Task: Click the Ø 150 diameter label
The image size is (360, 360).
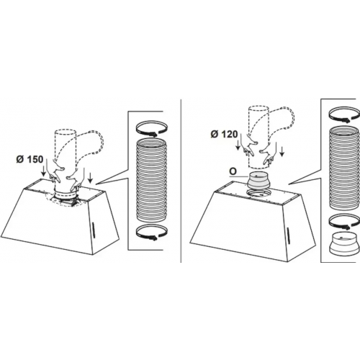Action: pyautogui.click(x=30, y=159)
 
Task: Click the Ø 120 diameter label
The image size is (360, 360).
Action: pyautogui.click(x=224, y=135)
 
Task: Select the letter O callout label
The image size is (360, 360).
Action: pyautogui.click(x=233, y=171)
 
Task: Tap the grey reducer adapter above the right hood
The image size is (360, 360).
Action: pyautogui.click(x=258, y=181)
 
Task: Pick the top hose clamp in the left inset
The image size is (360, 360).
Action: pyautogui.click(x=151, y=128)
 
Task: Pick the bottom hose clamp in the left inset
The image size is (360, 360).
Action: pyautogui.click(x=151, y=233)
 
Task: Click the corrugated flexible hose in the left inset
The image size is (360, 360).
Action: pyautogui.click(x=151, y=181)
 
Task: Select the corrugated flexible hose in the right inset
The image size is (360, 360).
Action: pyautogui.click(x=343, y=168)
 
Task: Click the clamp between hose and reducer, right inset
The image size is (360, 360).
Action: pyautogui.click(x=343, y=222)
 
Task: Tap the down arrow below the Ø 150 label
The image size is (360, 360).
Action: pyautogui.click(x=43, y=170)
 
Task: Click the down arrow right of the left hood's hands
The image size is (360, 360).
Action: pyautogui.click(x=90, y=178)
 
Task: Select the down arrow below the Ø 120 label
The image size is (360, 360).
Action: pyautogui.click(x=238, y=145)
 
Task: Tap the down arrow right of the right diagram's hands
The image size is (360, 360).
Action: pyautogui.click(x=282, y=152)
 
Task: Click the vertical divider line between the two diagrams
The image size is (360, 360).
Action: pyautogui.click(x=180, y=181)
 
